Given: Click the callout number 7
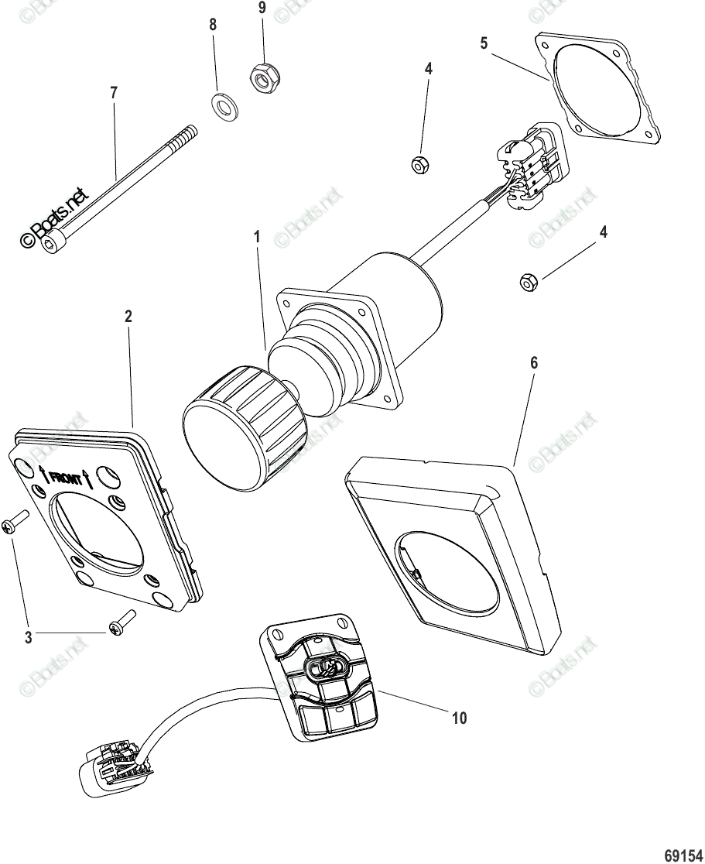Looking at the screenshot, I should pos(114,93).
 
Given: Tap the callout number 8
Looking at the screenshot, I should pos(213,25).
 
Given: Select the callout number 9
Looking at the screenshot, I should pos(262,8).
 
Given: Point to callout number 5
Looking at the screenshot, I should pos(484,43).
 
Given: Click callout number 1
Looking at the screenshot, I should pos(257,236).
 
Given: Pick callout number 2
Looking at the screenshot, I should pos(128,316).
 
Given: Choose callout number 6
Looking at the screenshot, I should pos(533,362).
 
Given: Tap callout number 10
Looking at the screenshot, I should pos(459,718).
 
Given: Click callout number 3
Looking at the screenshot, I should pos(29,638).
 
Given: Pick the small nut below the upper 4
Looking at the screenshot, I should pos(419,164).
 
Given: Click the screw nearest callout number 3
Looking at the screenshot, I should pos(120,624).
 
